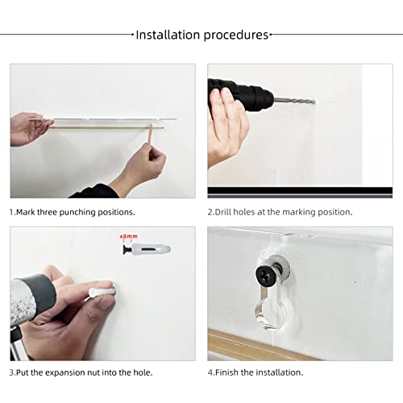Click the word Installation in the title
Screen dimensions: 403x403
click(168, 35)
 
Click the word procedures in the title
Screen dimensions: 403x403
click(236, 35)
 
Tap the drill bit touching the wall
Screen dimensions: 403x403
click(295, 102)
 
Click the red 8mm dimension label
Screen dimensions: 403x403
click(129, 236)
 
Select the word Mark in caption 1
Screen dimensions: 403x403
click(26, 212)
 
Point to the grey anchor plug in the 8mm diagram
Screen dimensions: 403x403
click(151, 249)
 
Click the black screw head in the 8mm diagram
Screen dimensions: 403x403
click(126, 250)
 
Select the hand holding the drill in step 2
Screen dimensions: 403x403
click(228, 127)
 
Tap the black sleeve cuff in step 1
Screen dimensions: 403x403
click(94, 192)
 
